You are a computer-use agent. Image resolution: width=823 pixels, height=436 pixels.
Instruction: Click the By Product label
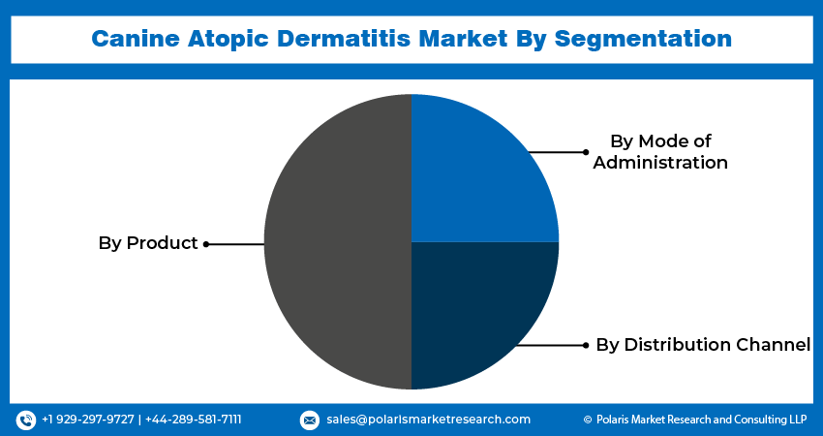click(147, 243)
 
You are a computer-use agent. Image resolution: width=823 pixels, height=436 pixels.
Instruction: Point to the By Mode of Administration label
click(659, 152)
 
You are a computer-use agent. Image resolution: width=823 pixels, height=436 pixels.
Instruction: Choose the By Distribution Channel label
click(702, 344)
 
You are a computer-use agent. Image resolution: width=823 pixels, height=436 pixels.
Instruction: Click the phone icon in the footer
click(26, 420)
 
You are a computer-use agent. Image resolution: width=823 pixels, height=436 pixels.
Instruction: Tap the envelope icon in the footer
click(310, 420)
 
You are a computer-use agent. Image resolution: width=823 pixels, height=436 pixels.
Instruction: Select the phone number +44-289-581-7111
click(194, 420)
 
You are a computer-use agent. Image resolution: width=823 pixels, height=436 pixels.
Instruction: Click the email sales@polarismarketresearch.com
click(428, 420)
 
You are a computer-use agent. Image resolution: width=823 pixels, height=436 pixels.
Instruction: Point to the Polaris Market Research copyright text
click(694, 420)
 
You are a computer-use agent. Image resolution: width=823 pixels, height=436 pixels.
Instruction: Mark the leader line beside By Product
click(235, 244)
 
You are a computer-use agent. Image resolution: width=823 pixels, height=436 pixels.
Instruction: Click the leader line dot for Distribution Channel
click(586, 345)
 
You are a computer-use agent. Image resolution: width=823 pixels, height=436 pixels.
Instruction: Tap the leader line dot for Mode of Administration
click(586, 152)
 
